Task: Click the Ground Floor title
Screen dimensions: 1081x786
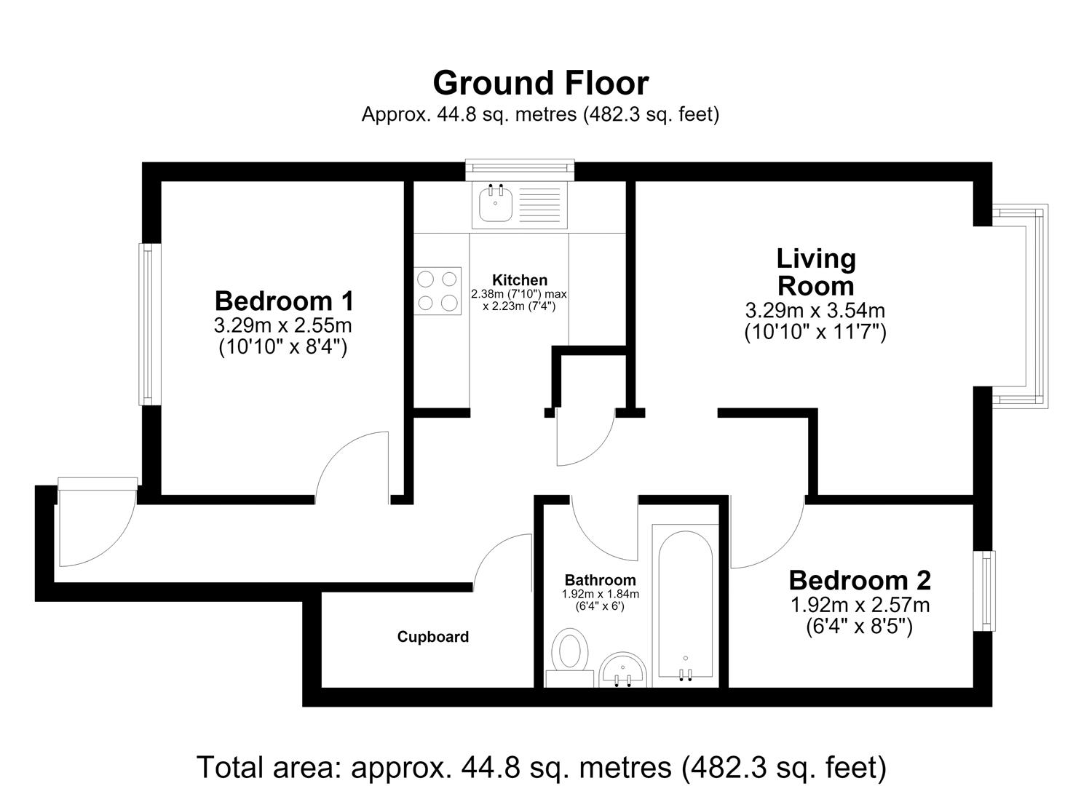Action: tap(540, 84)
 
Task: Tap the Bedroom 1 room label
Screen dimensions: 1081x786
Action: tap(284, 301)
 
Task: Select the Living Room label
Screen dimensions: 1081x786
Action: tap(815, 273)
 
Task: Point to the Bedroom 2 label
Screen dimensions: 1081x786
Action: tap(860, 581)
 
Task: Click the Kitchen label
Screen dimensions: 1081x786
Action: tap(520, 280)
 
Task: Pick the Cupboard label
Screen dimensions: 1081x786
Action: tap(433, 637)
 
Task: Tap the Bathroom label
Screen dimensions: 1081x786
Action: tap(601, 580)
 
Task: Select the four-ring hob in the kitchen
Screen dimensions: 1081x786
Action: tap(437, 291)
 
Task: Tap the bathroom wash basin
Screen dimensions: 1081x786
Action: tap(622, 671)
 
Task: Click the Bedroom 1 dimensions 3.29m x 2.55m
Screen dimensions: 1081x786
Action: tap(282, 326)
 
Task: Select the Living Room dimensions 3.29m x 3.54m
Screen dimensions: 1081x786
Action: tap(815, 311)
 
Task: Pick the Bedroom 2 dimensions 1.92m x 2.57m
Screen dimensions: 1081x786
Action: tap(860, 605)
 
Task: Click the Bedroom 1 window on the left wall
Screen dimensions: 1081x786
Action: tap(146, 325)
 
